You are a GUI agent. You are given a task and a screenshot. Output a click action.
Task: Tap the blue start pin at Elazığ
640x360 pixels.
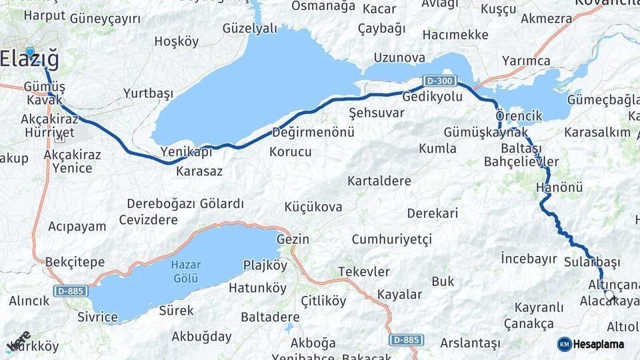coord(29,52)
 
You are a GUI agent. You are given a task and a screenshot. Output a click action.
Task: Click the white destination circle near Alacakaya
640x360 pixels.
coord(609,294)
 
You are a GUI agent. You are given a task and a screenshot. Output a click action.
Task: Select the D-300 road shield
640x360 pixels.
coord(440,81)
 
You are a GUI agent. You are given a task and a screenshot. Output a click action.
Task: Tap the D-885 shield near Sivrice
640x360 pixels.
coord(70,291)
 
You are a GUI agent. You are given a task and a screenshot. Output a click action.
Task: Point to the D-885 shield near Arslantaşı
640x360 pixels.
coord(405,339)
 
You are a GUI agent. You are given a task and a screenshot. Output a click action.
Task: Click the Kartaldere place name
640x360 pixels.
coord(379,181)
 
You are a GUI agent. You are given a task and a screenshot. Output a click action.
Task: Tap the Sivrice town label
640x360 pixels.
coord(97,317)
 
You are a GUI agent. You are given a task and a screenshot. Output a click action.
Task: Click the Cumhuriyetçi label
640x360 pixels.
coord(392,239)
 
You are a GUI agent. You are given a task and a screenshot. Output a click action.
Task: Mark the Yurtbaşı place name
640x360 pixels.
coord(148,93)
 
